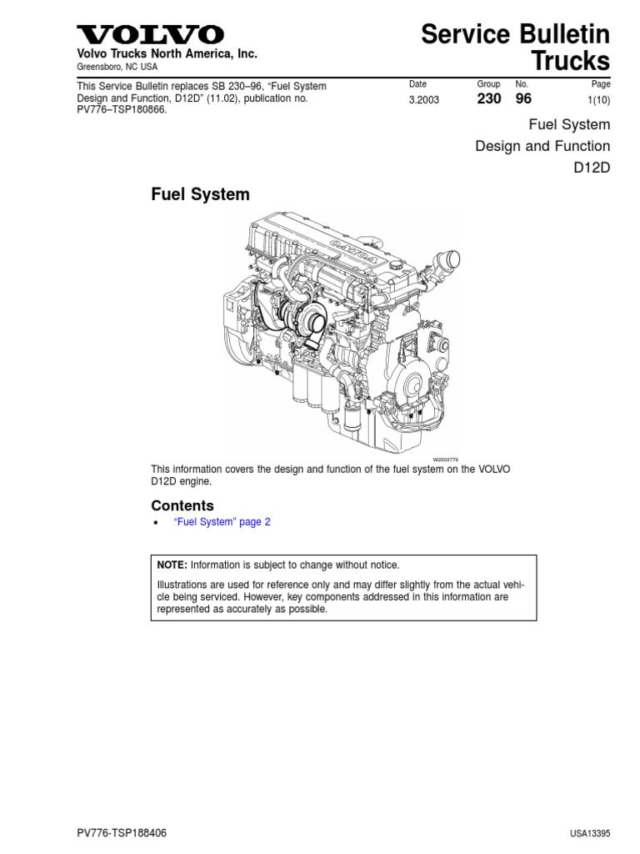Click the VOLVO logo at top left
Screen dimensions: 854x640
tap(150, 34)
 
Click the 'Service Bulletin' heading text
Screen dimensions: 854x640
tap(515, 34)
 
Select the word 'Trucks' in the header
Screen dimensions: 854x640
tap(571, 61)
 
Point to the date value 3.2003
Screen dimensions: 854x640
tap(423, 100)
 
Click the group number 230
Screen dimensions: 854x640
tap(489, 99)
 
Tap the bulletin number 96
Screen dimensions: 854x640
tap(523, 99)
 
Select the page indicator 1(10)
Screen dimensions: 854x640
tap(597, 100)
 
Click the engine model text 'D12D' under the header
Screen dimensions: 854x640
tap(592, 169)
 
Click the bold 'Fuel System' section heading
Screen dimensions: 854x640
tap(200, 194)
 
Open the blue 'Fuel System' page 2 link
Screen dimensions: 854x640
tap(222, 522)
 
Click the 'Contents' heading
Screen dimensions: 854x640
tap(182, 505)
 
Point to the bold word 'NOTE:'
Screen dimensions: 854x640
tap(174, 565)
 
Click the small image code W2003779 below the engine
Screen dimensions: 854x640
tap(446, 460)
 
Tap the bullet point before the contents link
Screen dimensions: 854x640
tap(156, 523)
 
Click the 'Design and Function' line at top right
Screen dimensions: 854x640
tap(542, 147)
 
